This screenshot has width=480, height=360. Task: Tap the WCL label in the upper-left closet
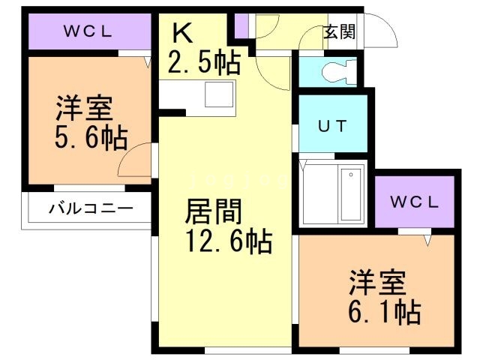point(87,31)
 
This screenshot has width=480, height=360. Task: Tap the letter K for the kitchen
point(182,32)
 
